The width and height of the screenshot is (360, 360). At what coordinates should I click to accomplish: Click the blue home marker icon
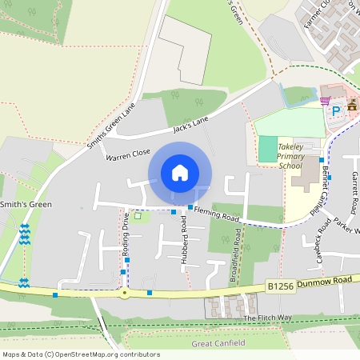[x=180, y=173]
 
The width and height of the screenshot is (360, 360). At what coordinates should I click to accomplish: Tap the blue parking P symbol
[x=337, y=110]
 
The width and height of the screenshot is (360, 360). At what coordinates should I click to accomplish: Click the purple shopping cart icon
[x=325, y=101]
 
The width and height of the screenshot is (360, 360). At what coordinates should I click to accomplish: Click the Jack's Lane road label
[x=190, y=124]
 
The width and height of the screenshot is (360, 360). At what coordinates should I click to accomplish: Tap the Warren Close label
[x=127, y=153]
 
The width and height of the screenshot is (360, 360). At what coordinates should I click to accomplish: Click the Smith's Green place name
[x=26, y=205]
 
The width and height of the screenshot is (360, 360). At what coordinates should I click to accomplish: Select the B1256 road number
[x=279, y=285]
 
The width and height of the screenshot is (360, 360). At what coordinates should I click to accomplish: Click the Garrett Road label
[x=353, y=191]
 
